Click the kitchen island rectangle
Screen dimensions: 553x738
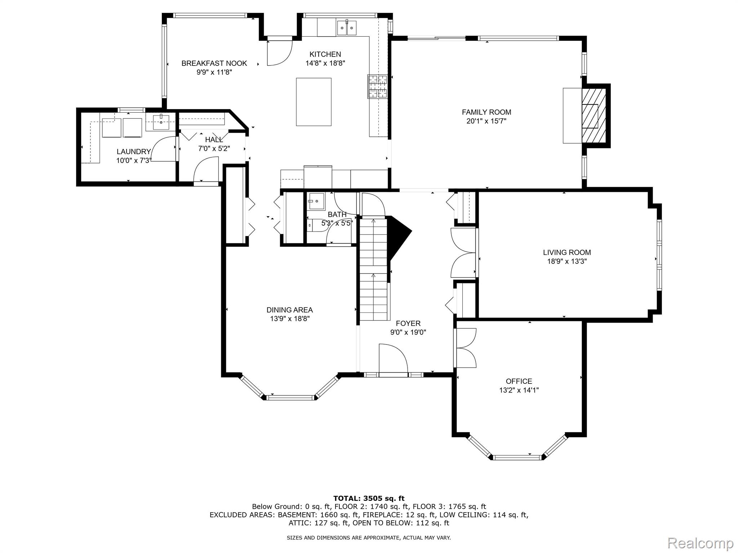(314, 102)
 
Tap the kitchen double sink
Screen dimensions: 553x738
(347, 28)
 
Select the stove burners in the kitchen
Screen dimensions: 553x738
(377, 86)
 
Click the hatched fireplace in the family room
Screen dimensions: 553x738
(594, 116)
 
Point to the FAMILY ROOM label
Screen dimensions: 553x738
(486, 112)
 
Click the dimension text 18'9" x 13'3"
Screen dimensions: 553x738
(567, 261)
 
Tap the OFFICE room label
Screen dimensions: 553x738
(519, 381)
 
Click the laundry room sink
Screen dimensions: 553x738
(161, 122)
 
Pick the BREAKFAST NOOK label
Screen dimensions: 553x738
(214, 63)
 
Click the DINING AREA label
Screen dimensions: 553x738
(289, 310)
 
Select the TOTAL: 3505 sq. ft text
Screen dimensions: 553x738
(369, 498)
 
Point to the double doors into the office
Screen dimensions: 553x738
(466, 348)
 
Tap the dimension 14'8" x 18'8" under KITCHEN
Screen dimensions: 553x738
(325, 63)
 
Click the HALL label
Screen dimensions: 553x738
(214, 139)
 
